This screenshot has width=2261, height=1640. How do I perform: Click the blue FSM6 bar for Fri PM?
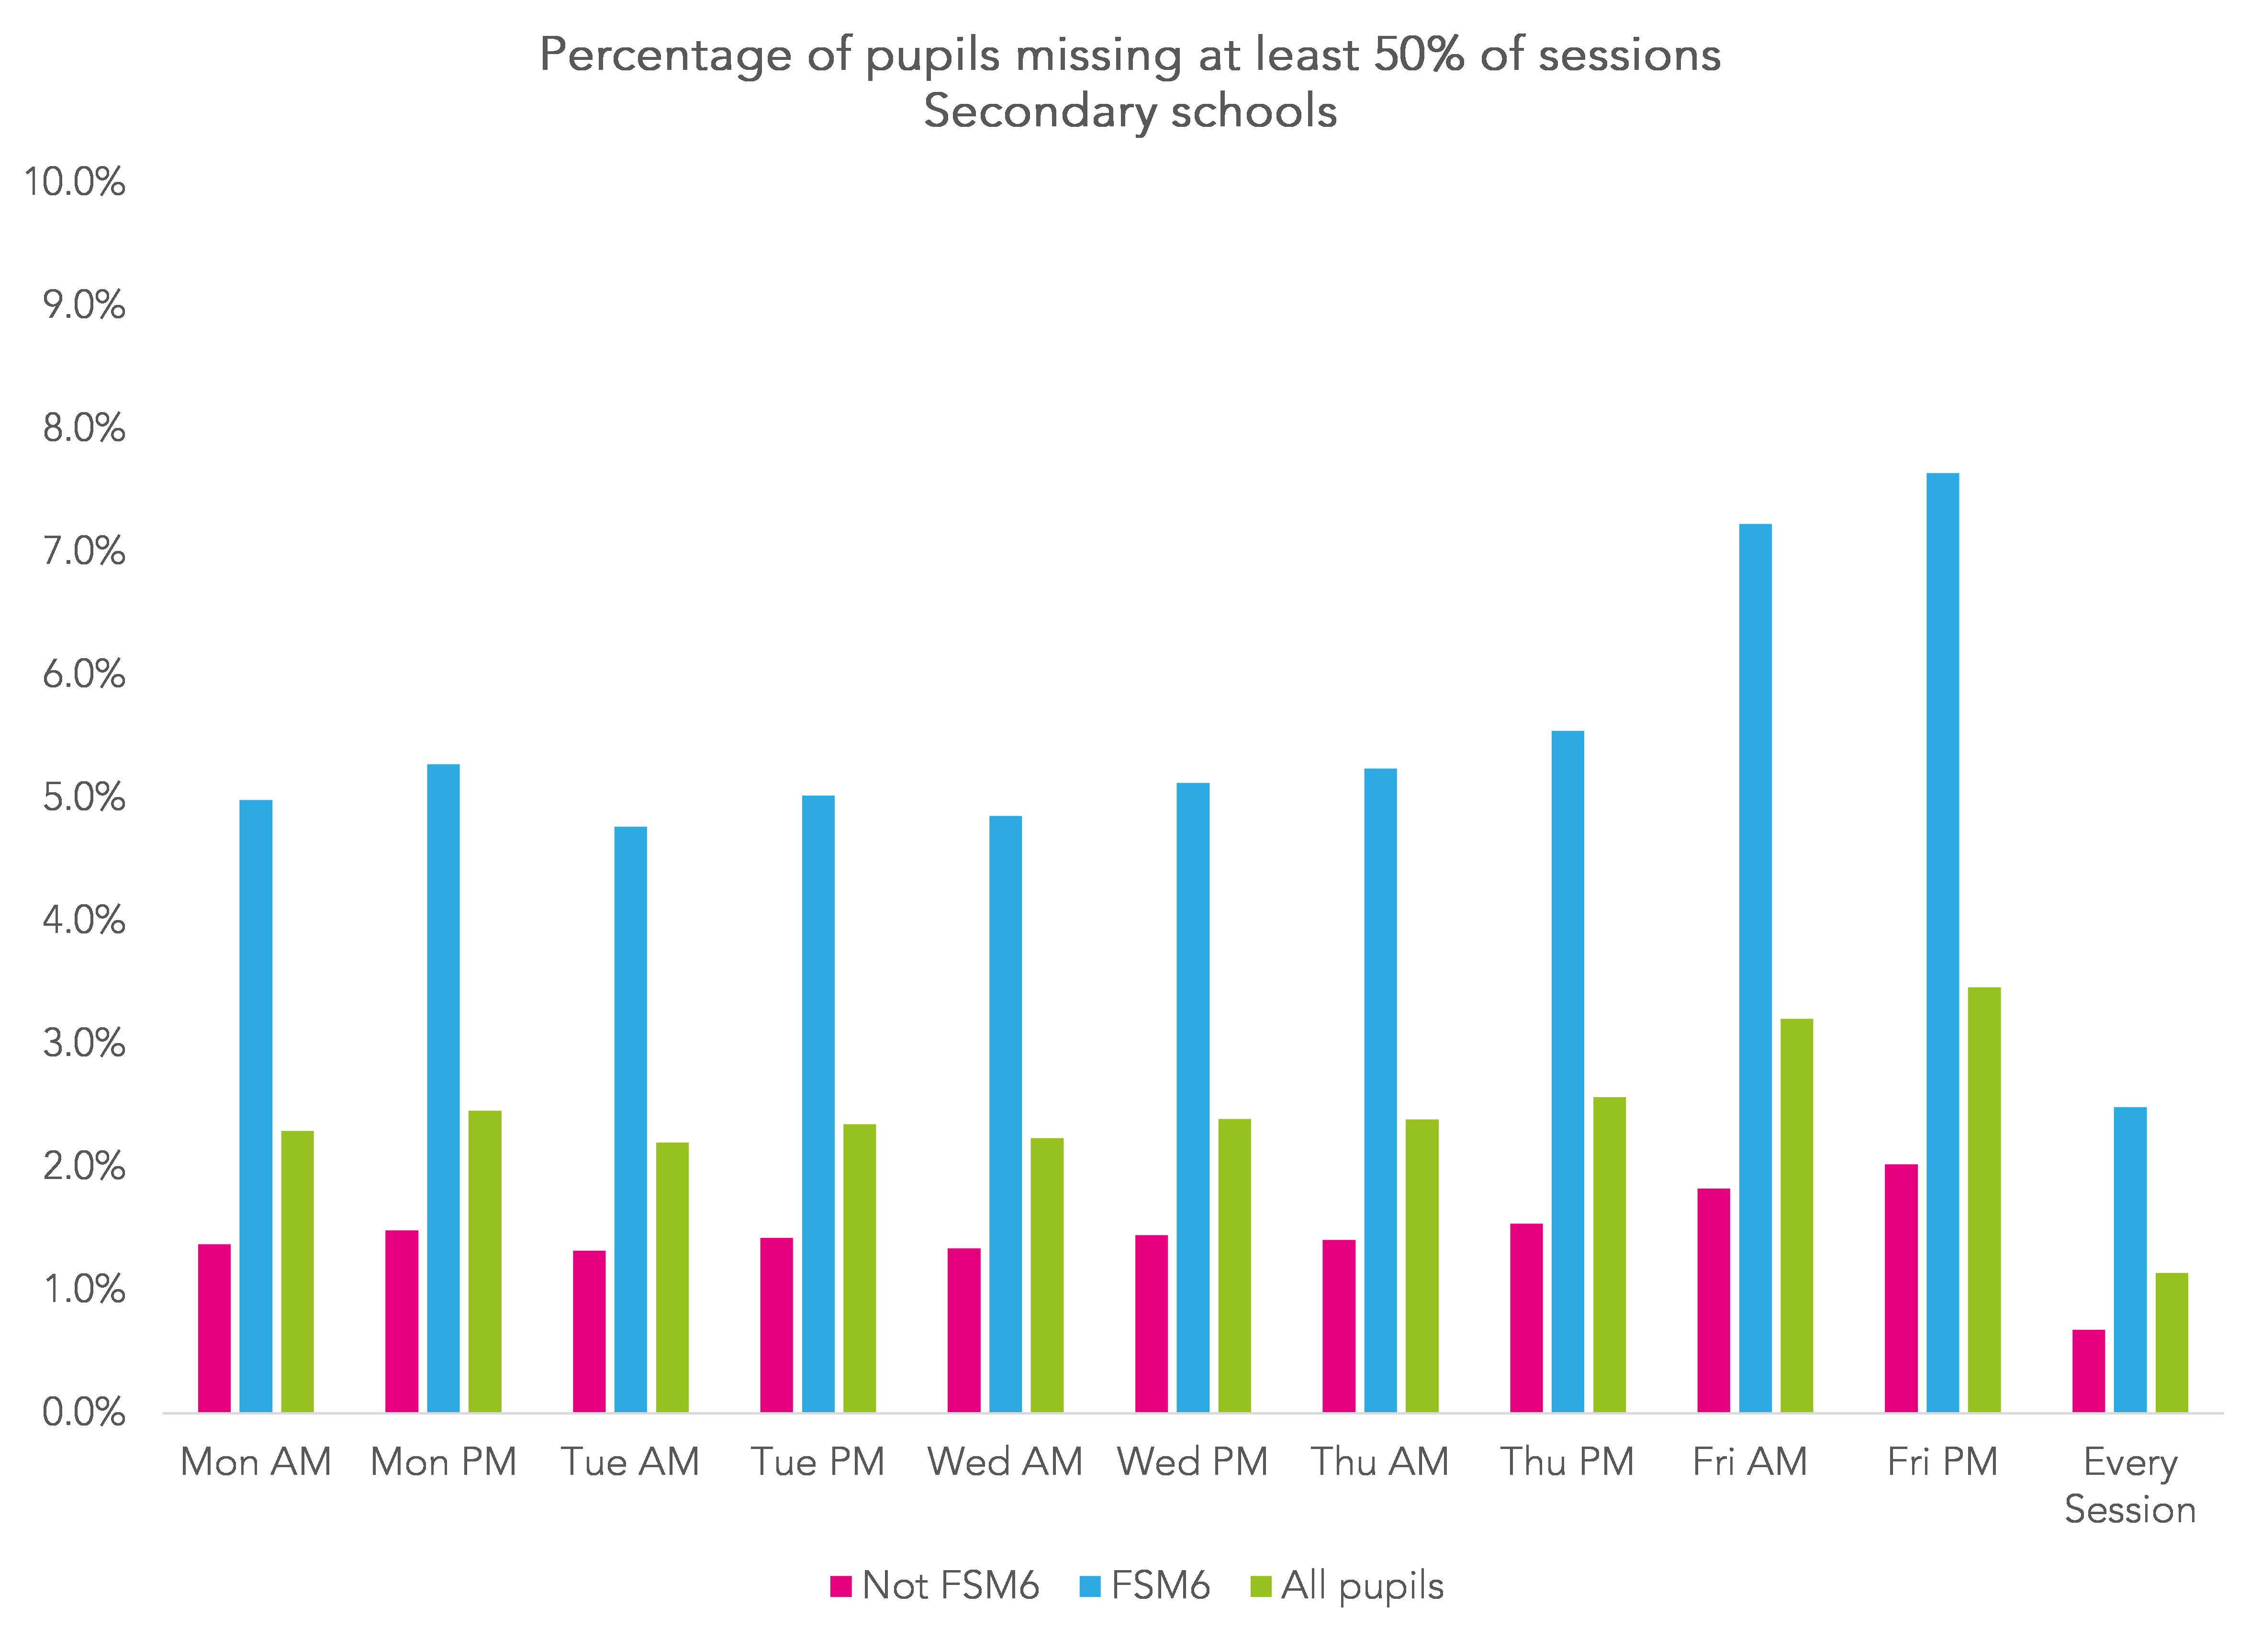pyautogui.click(x=1942, y=942)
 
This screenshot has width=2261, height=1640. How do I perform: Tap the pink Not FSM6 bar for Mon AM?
pyautogui.click(x=214, y=1328)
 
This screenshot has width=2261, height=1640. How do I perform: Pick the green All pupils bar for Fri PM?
pyautogui.click(x=1984, y=1199)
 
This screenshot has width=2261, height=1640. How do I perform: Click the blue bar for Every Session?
pyautogui.click(x=2130, y=1259)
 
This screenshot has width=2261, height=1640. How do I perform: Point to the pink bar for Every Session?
pyautogui.click(x=2089, y=1371)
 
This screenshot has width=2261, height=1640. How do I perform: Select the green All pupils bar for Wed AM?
pyautogui.click(x=1047, y=1275)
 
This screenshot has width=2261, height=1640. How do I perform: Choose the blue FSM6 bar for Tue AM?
pyautogui.click(x=630, y=1119)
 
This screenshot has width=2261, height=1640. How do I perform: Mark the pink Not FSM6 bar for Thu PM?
pyautogui.click(x=1526, y=1317)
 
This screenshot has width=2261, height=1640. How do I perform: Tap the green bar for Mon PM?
pyautogui.click(x=484, y=1261)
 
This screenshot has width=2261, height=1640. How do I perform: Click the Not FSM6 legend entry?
pyautogui.click(x=935, y=1585)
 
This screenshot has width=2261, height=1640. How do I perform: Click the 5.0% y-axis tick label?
pyautogui.click(x=84, y=798)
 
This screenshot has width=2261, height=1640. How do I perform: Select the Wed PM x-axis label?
pyautogui.click(x=1192, y=1461)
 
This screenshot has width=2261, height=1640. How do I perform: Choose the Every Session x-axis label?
pyautogui.click(x=2129, y=1485)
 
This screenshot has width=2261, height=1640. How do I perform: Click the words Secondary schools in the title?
pyautogui.click(x=1130, y=111)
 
